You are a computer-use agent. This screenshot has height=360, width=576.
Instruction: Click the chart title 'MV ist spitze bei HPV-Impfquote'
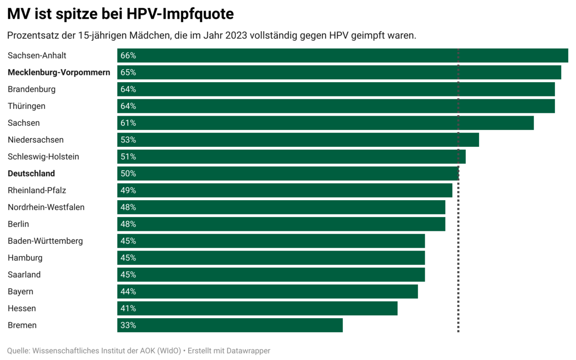[120, 14]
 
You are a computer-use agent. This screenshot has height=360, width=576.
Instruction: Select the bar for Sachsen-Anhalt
[342, 56]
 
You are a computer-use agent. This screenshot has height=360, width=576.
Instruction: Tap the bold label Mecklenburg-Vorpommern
[59, 72]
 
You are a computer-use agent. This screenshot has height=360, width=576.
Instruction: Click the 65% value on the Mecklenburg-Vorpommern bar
[128, 72]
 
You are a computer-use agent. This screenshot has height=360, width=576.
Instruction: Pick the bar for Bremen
[230, 325]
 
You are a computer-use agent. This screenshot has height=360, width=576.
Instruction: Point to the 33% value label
[128, 325]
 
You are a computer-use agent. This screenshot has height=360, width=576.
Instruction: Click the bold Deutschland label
[31, 173]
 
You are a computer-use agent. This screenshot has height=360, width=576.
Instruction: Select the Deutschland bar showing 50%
[288, 173]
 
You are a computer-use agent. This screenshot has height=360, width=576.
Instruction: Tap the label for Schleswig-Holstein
[43, 156]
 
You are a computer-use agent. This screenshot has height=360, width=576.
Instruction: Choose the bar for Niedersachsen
[298, 140]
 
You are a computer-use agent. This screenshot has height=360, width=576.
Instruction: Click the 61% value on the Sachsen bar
[128, 123]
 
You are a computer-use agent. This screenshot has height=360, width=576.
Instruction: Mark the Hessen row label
[22, 308]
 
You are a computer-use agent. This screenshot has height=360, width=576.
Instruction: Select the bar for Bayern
[267, 291]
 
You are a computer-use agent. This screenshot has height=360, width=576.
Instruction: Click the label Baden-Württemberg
[45, 241]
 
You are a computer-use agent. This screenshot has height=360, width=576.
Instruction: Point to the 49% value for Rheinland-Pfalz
[128, 191]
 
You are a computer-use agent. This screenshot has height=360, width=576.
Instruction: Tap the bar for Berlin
[281, 224]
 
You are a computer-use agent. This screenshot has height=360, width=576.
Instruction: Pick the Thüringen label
[26, 106]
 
